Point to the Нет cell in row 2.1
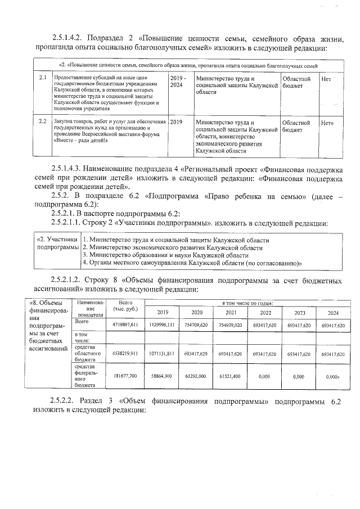point(326,79)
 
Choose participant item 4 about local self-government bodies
point(192,262)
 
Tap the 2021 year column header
point(231,312)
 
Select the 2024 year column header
point(333,312)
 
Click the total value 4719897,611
point(125,325)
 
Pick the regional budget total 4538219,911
point(125,354)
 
